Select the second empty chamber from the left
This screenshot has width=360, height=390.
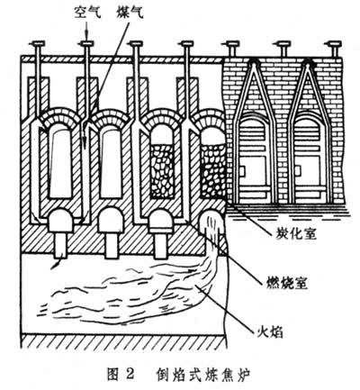coord(112,167)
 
